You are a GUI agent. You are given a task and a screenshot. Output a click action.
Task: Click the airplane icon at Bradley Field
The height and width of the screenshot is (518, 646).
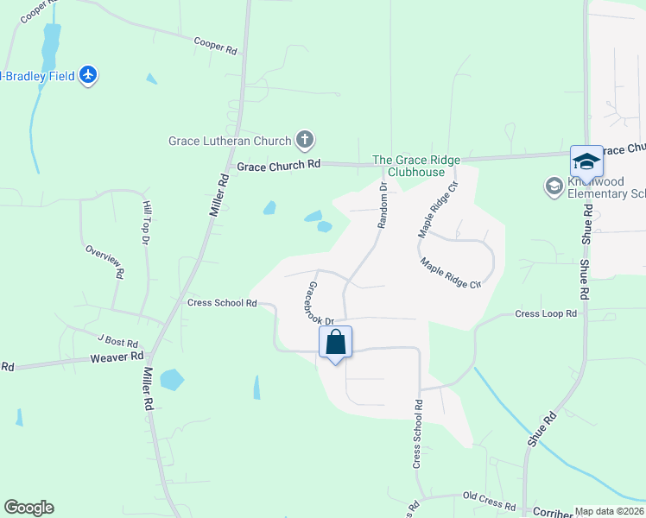[87, 75]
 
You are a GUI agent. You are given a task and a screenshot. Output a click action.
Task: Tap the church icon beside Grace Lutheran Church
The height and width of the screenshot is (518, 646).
[304, 139]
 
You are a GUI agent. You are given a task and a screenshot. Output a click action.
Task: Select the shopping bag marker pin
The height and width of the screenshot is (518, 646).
[336, 342]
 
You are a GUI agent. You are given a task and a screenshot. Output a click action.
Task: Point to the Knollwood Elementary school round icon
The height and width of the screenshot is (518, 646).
[554, 186]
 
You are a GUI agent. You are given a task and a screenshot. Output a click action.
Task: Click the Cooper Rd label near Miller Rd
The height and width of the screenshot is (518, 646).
[215, 47]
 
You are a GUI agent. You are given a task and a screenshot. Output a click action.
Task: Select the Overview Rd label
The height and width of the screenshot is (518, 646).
[104, 261]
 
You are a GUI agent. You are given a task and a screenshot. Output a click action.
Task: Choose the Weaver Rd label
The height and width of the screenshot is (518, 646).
[117, 357]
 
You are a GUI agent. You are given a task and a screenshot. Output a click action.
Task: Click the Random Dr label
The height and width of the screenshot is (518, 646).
[382, 205]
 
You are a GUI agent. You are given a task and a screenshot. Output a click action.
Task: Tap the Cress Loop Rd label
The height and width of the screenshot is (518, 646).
[546, 314]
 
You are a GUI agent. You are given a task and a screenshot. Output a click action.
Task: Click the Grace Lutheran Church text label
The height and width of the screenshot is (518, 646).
[230, 139]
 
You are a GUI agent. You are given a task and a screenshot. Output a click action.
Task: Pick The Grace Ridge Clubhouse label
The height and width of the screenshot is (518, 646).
[416, 166]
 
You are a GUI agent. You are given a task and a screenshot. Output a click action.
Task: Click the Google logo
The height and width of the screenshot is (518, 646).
[28, 508]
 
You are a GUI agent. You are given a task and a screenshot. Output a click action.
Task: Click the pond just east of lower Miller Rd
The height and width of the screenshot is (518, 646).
[172, 379]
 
